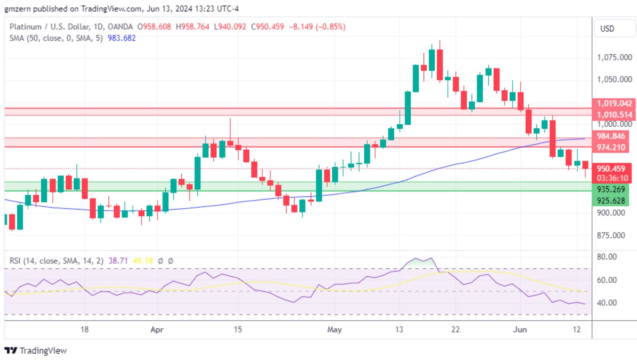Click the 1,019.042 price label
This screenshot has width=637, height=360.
coord(614,103)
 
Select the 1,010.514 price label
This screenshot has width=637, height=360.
coord(614,115)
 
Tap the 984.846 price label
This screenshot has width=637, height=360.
coord(611,136)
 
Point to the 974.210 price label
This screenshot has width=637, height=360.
coord(611,147)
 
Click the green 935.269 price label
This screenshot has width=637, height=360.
coord(611,189)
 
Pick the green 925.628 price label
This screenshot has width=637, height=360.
coord(611,201)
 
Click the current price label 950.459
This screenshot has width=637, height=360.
coord(611,169)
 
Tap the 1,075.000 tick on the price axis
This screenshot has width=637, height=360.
coord(614,57)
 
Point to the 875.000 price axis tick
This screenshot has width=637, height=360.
coord(611,235)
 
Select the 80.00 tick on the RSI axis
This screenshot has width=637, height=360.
coord(607,257)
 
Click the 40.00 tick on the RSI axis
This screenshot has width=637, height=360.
coord(607,303)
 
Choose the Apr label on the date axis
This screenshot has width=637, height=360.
coord(157,330)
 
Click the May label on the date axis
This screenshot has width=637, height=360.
coord(334,330)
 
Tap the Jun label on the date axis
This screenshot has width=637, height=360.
coord(520,330)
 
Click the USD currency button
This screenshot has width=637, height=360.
coord(607,28)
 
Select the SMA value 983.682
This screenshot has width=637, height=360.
coord(121,38)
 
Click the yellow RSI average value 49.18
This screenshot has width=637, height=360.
coord(143,261)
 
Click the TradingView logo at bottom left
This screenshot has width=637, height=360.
coord(35,351)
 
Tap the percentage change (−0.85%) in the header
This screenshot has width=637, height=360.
coord(331,27)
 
